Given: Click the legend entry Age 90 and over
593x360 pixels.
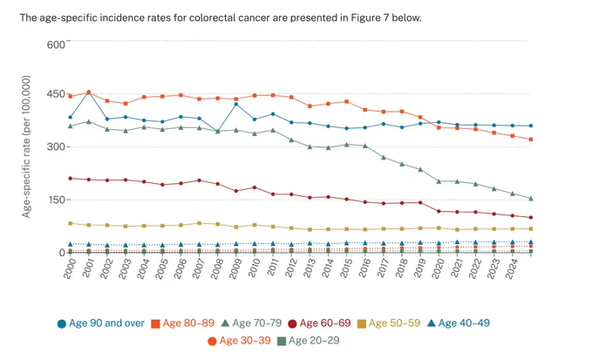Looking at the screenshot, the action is pos(101,323).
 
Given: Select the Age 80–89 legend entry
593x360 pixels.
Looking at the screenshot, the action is pos(182,323).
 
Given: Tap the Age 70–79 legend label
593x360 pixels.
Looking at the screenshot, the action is pos(251,323).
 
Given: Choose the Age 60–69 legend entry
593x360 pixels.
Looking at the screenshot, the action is pos(319,323).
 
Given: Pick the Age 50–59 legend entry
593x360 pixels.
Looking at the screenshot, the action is pos(389,323).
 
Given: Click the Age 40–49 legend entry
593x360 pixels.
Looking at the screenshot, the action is pos(459,323).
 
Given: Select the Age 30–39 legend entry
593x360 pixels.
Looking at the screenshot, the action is pos(240,341).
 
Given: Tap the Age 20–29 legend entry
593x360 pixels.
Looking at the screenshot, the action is pos(308,341).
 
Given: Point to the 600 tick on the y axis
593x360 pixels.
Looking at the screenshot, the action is pos(56,44).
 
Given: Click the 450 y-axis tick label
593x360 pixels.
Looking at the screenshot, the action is pos(56,94).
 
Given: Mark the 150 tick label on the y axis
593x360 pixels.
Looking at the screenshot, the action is pos(56,200).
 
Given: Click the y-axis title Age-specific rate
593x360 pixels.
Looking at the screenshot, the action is pos(25,146).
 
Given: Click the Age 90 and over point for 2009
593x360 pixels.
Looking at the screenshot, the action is pos(236,104).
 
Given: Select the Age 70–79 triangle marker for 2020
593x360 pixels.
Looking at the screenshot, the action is pos(439,181).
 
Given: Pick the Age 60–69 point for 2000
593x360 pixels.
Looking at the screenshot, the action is pos(71,179).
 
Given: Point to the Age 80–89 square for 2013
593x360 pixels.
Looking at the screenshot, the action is pos(310,106).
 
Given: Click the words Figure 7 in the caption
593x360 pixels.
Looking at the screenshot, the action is pos(370,17).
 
